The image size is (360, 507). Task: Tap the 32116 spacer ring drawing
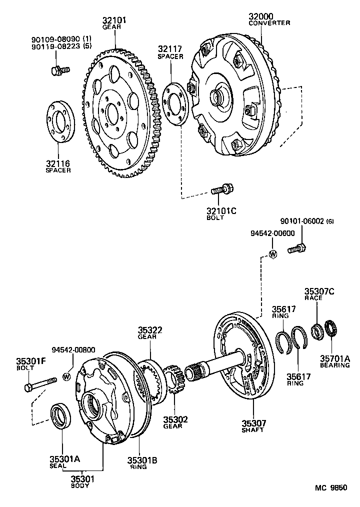tap(60, 122)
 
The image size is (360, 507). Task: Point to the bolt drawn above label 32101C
tap(220, 190)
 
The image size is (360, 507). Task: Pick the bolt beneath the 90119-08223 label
tap(56, 70)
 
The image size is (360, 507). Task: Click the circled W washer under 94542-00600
tap(273, 254)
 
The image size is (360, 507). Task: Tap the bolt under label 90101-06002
tap(296, 247)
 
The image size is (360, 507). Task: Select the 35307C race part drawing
tap(316, 330)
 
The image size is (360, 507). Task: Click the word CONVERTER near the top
tap(269, 23)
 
